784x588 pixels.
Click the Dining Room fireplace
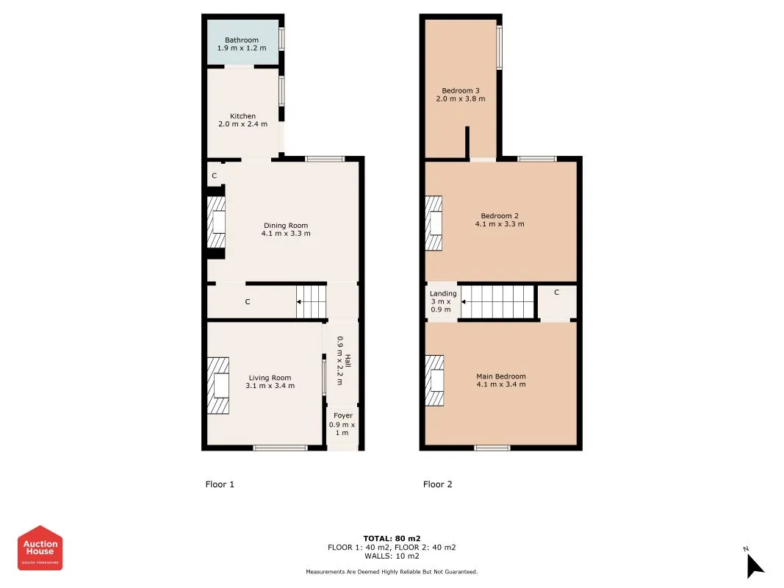[x=215, y=223]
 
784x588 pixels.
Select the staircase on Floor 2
[x=497, y=301]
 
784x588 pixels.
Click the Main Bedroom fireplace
[x=434, y=381]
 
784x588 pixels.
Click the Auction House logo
[x=40, y=548]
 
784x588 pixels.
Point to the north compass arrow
[x=755, y=564]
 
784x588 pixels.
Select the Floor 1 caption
[x=219, y=484]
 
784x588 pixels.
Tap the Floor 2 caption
[x=438, y=484]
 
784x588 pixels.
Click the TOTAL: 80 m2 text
[x=392, y=538]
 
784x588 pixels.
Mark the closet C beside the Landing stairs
[x=556, y=293]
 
